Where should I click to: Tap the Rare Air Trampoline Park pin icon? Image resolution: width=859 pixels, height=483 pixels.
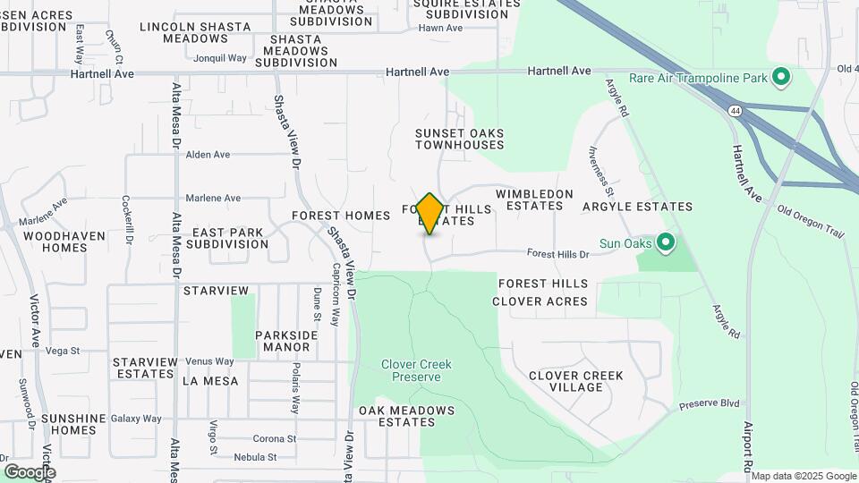[780, 78]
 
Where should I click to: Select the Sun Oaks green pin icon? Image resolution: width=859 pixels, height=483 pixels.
[665, 243]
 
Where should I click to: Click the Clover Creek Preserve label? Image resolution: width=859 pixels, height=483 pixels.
[416, 370]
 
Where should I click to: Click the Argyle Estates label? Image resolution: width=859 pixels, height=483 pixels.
[637, 207]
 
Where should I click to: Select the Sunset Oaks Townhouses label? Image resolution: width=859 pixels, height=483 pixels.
[460, 139]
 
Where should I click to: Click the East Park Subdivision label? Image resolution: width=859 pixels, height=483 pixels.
[229, 238]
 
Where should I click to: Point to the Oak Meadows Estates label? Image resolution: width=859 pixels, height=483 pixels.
[406, 416]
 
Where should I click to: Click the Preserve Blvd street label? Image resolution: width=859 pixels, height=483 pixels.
[710, 403]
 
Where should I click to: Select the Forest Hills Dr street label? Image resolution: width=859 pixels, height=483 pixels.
[558, 255]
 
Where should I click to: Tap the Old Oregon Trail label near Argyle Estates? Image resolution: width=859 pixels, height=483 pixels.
[811, 223]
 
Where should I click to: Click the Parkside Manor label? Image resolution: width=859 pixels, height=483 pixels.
[286, 341]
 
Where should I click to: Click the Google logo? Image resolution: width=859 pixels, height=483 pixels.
[30, 472]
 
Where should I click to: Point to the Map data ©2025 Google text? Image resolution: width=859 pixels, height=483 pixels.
[803, 476]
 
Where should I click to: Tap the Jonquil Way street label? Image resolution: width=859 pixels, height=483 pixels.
[220, 58]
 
